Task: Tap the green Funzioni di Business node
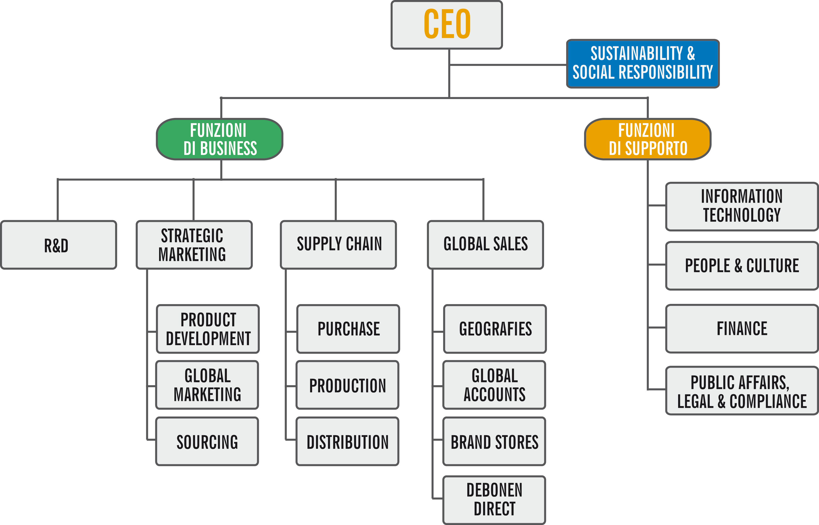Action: [x=220, y=139]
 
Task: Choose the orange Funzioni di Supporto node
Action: [x=648, y=139]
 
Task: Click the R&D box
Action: [x=59, y=245]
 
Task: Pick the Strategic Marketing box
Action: [x=194, y=245]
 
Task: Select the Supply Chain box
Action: [x=338, y=245]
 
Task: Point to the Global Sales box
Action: [x=485, y=245]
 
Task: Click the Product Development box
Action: [x=208, y=329]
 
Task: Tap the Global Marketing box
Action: [x=207, y=385]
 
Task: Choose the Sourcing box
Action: [x=207, y=442]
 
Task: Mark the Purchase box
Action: [x=348, y=329]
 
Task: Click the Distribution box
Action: [x=347, y=442]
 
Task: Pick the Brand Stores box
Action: [x=494, y=442]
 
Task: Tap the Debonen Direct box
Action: [x=494, y=500]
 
